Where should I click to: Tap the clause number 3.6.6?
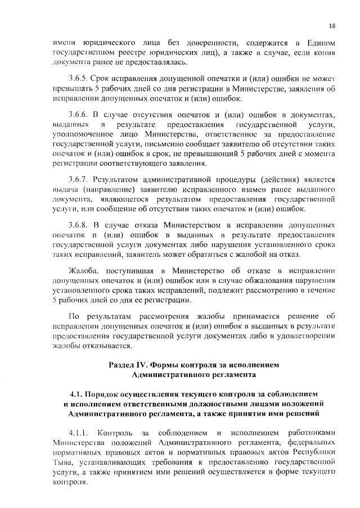(78, 115)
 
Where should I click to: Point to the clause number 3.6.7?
(78, 180)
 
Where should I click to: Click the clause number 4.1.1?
(78, 432)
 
